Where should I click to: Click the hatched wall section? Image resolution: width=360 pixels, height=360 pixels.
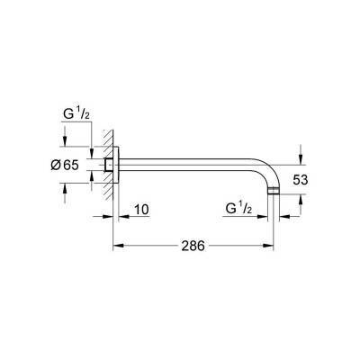coord(105,166)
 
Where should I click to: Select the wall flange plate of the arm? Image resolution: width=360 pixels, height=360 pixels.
coord(113,166)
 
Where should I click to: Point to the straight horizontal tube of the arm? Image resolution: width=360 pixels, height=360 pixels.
coord(189,166)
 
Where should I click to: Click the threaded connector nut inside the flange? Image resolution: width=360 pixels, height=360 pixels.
coord(109,166)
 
